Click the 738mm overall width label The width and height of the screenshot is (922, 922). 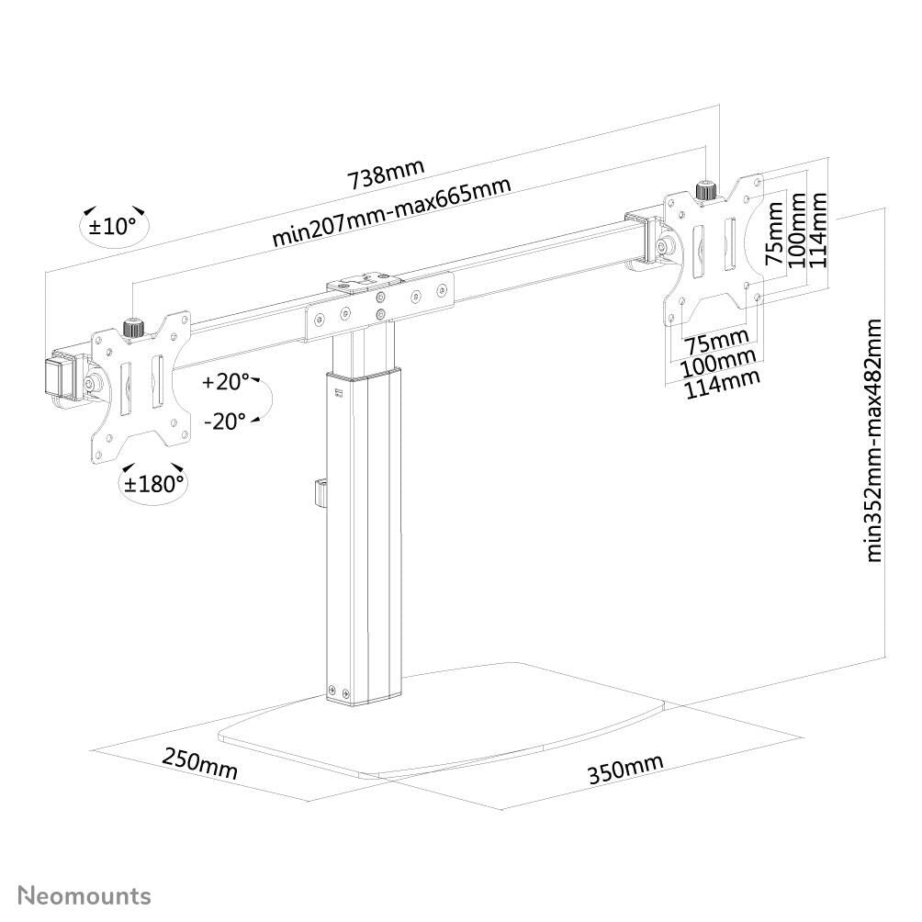(386, 174)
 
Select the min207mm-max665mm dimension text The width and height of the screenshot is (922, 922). (391, 212)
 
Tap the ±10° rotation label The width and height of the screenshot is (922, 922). (112, 226)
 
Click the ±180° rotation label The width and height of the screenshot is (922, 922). (154, 484)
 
